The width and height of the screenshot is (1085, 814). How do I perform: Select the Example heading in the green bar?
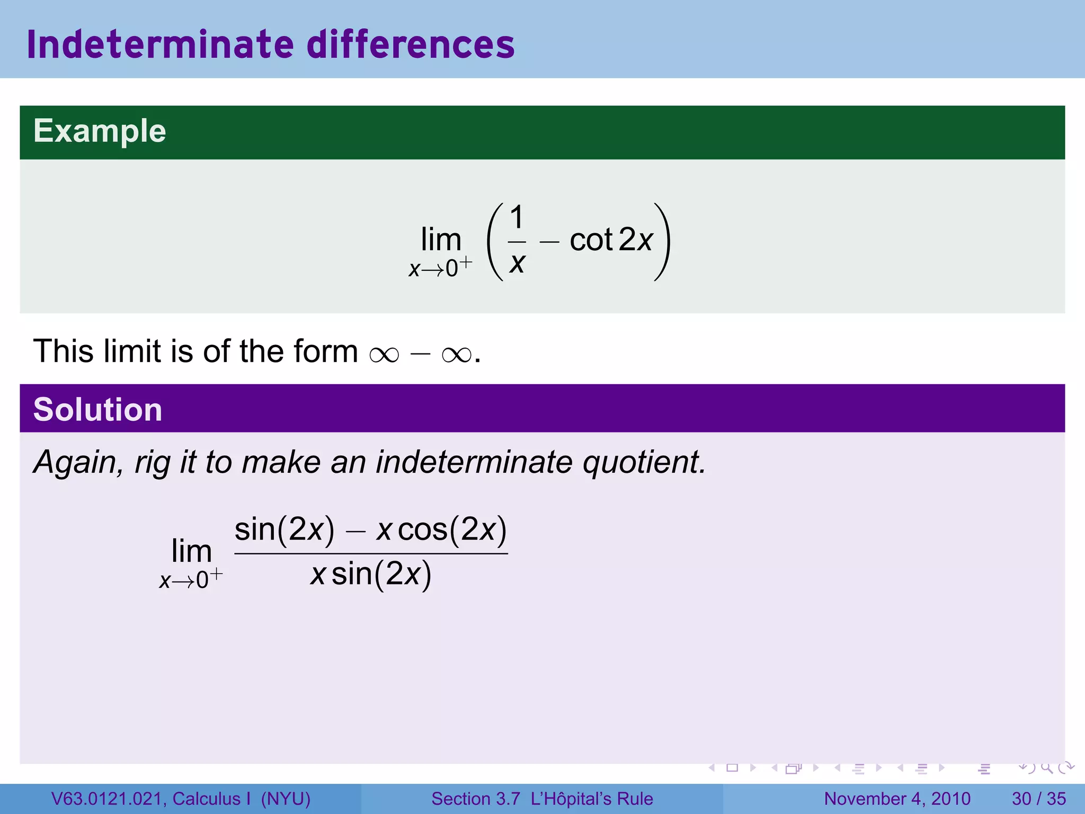point(100,131)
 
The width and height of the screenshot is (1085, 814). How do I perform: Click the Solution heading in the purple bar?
point(97,410)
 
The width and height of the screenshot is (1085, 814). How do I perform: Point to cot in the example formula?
point(591,240)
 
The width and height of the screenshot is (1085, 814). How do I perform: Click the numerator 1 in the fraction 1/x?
point(517,217)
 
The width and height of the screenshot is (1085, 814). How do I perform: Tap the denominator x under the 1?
point(517,262)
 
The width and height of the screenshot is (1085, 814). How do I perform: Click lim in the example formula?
point(441,240)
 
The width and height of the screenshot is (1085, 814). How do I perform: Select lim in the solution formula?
point(191,551)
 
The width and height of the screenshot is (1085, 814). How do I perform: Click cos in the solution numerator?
point(423,529)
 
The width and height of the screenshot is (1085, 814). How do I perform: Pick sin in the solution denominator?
point(352,574)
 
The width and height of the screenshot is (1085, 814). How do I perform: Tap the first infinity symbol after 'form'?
point(384,354)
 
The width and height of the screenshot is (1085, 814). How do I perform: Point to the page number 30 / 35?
point(1038,799)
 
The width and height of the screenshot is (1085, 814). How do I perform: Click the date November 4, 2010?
point(897,799)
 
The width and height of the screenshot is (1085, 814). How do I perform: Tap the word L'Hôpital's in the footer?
point(580,799)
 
